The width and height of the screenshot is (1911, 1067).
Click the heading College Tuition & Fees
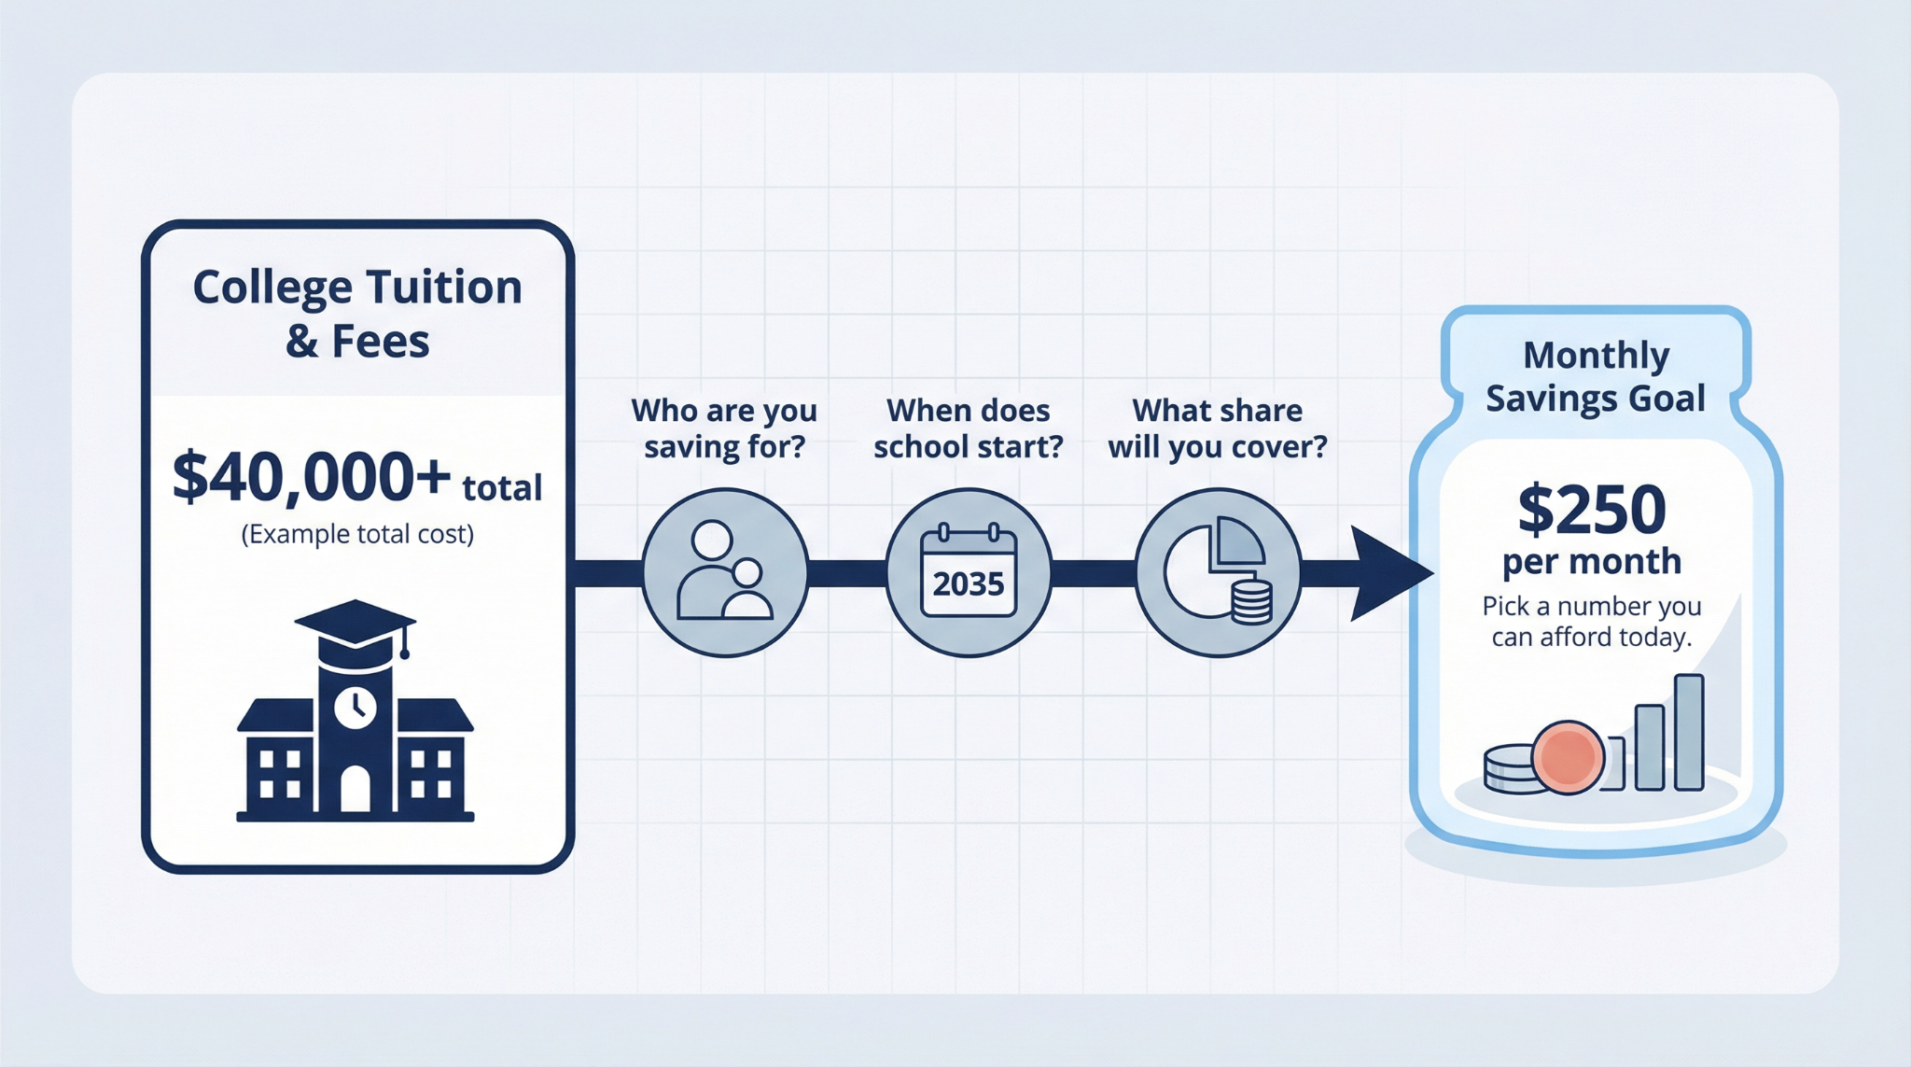pyautogui.click(x=357, y=314)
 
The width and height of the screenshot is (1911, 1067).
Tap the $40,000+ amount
pyautogui.click(x=312, y=478)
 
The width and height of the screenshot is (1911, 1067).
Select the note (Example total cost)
pyautogui.click(x=357, y=534)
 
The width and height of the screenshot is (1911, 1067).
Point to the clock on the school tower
pyautogui.click(x=356, y=707)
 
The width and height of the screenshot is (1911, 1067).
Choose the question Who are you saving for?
pyautogui.click(x=724, y=428)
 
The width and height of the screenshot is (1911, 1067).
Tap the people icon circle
pyautogui.click(x=725, y=572)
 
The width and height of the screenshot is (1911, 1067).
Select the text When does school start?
pyautogui.click(x=968, y=428)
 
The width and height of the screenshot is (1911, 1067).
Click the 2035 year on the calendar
pyautogui.click(x=969, y=584)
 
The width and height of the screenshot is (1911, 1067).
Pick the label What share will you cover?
pyautogui.click(x=1217, y=428)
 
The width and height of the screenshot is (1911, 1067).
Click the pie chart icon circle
pyautogui.click(x=1218, y=572)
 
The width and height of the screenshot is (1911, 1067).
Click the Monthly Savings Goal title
pyautogui.click(x=1596, y=376)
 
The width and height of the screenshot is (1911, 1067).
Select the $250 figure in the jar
pyautogui.click(x=1592, y=510)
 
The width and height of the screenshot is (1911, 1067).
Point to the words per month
pyautogui.click(x=1592, y=561)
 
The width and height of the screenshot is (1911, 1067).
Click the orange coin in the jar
pyautogui.click(x=1568, y=757)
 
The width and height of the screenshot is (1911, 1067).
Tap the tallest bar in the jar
pyautogui.click(x=1689, y=733)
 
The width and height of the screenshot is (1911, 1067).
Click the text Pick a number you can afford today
pyautogui.click(x=1592, y=622)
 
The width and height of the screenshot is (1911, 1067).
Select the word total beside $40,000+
pyautogui.click(x=502, y=488)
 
